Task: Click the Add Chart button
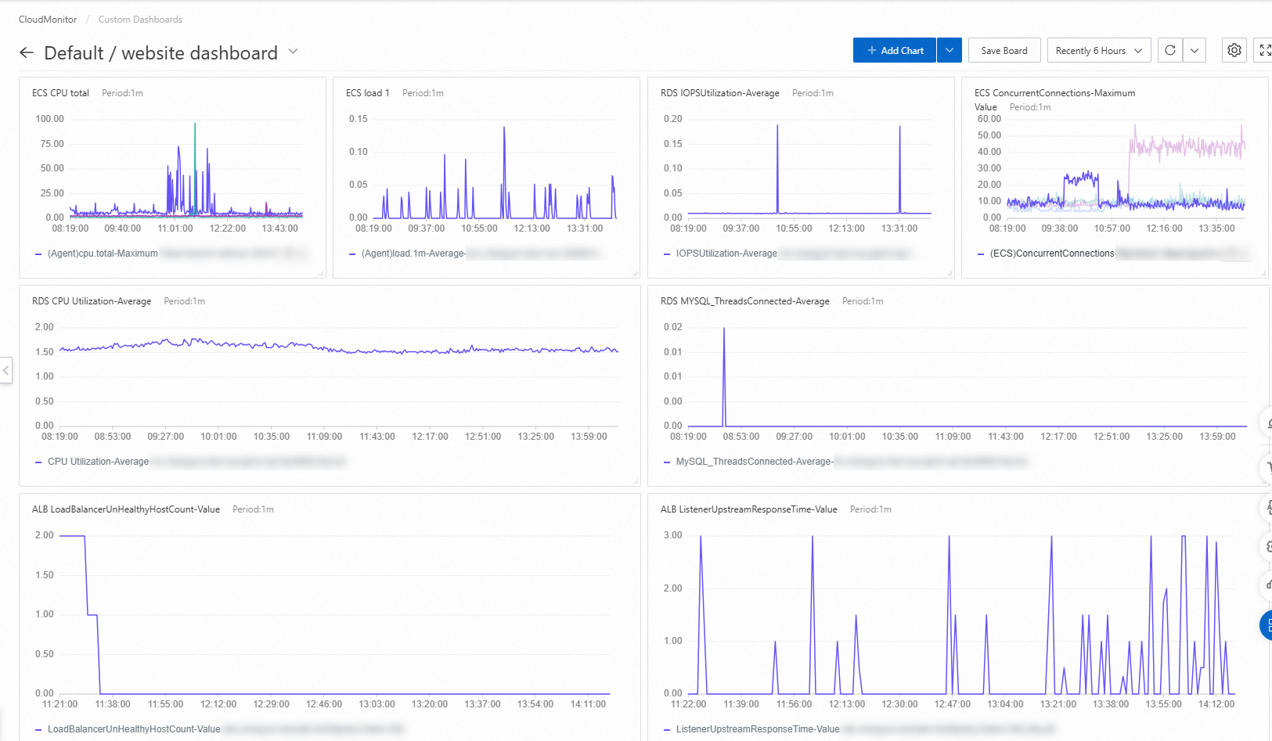[894, 51]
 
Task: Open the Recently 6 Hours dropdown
[1098, 51]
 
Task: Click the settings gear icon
[1234, 50]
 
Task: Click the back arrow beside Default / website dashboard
[27, 52]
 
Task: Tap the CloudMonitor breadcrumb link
[48, 20]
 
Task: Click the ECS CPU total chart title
[60, 93]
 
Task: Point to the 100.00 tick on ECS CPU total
[49, 119]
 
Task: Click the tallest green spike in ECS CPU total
[195, 125]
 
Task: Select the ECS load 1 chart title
[367, 93]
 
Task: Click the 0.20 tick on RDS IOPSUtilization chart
[672, 119]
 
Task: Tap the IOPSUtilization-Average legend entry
[726, 254]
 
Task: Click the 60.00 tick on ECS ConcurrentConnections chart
[989, 119]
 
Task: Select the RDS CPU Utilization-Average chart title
[92, 301]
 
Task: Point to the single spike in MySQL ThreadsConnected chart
[724, 330]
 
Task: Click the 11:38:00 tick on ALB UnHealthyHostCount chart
[113, 704]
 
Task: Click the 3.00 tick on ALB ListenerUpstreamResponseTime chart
[672, 535]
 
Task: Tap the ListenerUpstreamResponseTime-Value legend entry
[757, 729]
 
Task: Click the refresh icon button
[1169, 50]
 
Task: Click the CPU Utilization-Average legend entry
[98, 462]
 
